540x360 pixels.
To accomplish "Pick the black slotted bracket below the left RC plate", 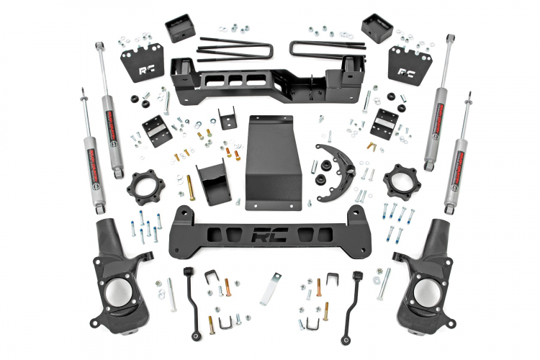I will [155, 128].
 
